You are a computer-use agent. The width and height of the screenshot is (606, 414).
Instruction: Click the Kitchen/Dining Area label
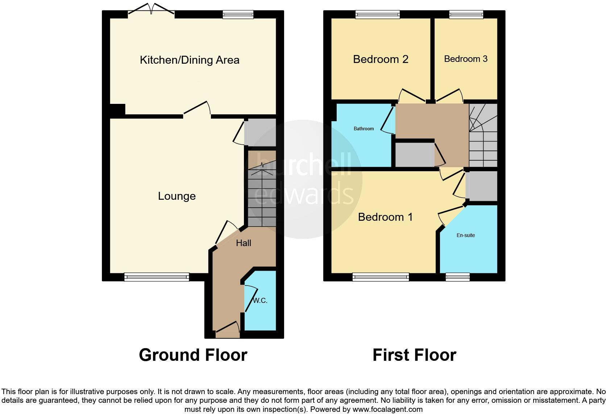190,60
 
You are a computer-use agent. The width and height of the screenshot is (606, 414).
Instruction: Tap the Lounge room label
177,196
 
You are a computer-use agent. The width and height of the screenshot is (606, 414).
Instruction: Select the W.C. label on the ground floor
260,301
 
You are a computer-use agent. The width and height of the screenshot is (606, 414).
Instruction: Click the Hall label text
244,243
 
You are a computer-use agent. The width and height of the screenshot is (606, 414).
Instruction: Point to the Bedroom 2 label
381,59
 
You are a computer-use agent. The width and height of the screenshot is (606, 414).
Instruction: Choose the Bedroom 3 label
466,59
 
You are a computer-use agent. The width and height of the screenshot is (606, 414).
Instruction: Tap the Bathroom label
364,129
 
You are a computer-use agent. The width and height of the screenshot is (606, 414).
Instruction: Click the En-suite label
466,235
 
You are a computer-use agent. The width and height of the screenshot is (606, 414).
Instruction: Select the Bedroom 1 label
385,217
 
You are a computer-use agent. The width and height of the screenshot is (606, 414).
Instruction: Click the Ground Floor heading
193,355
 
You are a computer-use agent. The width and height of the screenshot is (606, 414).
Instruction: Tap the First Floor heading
414,355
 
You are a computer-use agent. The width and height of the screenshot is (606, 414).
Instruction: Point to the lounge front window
157,277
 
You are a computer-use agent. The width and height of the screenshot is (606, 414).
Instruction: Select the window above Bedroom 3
466,14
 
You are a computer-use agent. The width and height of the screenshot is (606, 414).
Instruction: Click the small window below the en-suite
457,277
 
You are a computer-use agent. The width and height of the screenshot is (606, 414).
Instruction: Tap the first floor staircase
483,136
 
